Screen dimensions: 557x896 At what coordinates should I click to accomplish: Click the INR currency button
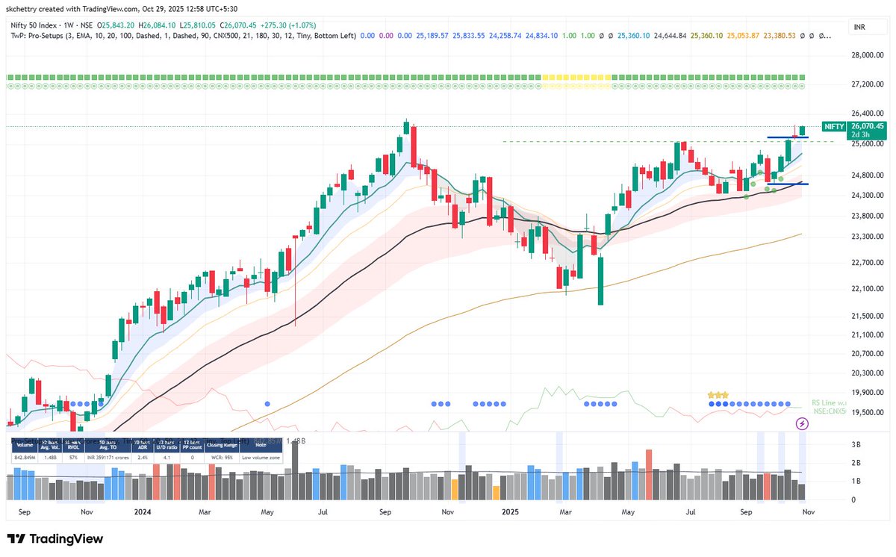(x=862, y=28)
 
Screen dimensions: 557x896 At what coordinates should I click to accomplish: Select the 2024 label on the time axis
(x=142, y=513)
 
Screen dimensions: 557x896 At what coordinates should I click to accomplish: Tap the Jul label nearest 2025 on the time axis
(x=691, y=513)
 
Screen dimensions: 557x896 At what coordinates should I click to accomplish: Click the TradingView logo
(x=55, y=538)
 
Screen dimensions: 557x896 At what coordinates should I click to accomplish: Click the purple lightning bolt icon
(x=803, y=423)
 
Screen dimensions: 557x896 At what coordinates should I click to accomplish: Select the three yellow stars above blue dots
(x=718, y=394)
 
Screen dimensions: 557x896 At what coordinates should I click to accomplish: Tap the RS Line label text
(x=829, y=402)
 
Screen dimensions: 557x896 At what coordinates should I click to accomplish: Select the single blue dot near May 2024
(x=267, y=403)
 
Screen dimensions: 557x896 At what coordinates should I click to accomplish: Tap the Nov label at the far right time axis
(x=807, y=513)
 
